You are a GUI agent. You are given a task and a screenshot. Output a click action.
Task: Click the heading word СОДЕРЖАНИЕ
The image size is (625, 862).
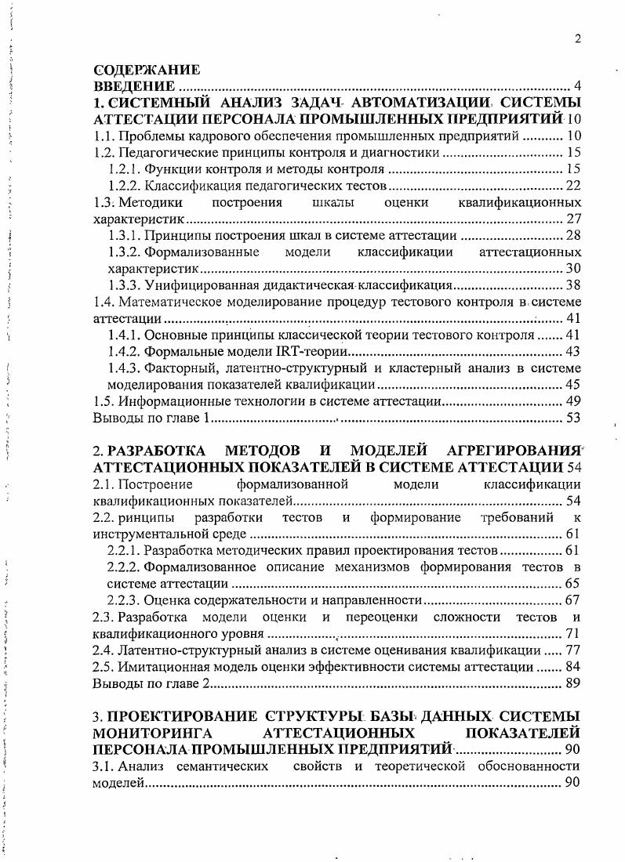[x=146, y=70]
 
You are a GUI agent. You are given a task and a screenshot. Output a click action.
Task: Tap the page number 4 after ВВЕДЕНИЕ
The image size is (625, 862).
[x=576, y=85]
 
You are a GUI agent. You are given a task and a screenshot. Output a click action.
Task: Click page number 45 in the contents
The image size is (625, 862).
[x=572, y=384]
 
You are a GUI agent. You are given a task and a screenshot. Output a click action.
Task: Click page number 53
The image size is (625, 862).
[x=572, y=418]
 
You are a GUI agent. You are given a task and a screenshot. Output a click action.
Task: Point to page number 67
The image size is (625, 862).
[x=572, y=600]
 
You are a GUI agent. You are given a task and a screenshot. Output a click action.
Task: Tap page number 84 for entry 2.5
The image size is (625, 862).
[x=572, y=667]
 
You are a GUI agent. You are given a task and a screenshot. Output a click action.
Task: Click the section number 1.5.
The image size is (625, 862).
[x=104, y=401]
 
